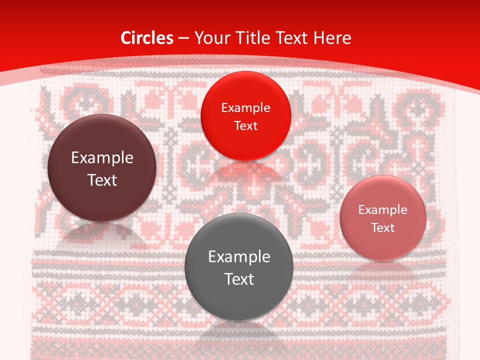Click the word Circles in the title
(x=146, y=38)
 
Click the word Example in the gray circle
(x=239, y=257)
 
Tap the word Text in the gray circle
(x=239, y=279)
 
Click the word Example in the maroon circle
(x=102, y=158)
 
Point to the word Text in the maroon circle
(x=102, y=180)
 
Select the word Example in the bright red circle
(x=245, y=108)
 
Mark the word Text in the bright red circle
(x=245, y=125)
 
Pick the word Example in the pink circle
(x=383, y=210)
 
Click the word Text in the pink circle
(x=383, y=227)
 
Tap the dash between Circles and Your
(x=183, y=38)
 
